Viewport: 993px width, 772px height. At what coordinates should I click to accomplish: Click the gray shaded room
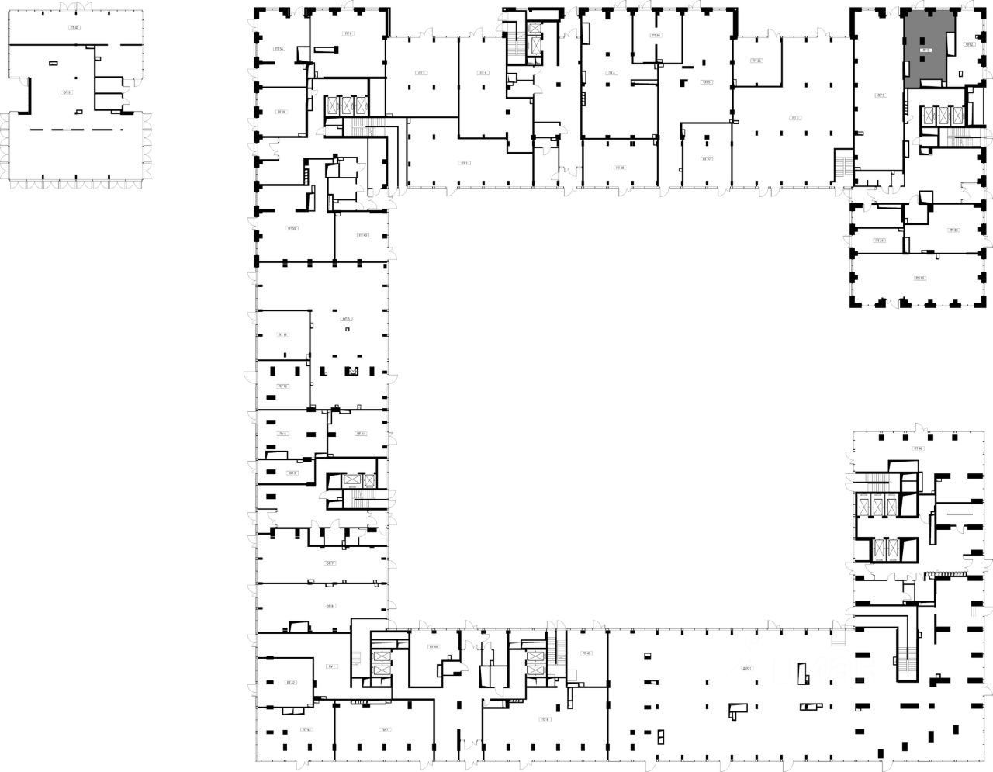pyautogui.click(x=926, y=48)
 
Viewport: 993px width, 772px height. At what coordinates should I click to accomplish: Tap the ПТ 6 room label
pyautogui.click(x=348, y=34)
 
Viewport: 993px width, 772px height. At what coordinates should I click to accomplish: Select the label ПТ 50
pyautogui.click(x=279, y=49)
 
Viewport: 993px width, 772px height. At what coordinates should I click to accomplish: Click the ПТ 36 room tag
pyautogui.click(x=656, y=36)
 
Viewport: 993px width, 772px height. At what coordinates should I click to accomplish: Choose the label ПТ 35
pyautogui.click(x=756, y=61)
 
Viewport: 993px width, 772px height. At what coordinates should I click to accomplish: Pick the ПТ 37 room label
pyautogui.click(x=706, y=159)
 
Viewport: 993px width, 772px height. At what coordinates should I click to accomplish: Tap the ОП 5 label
pyautogui.click(x=707, y=82)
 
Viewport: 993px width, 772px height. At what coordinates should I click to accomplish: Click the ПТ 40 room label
pyautogui.click(x=362, y=235)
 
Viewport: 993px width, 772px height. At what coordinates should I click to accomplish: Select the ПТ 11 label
pyautogui.click(x=283, y=335)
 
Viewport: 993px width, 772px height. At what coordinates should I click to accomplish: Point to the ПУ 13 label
pyautogui.click(x=283, y=386)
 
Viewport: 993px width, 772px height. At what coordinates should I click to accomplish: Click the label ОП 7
pyautogui.click(x=330, y=563)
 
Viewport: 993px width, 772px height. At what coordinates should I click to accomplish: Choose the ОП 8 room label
pyautogui.click(x=330, y=606)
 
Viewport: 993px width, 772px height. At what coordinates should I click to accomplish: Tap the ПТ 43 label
pyautogui.click(x=306, y=729)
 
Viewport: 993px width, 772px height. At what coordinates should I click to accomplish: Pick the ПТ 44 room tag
pyautogui.click(x=433, y=646)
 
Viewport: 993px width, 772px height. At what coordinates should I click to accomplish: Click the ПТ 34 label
pyautogui.click(x=879, y=241)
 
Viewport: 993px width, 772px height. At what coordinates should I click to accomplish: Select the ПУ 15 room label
pyautogui.click(x=920, y=277)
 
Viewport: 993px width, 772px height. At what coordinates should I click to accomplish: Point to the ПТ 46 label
pyautogui.click(x=918, y=448)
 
